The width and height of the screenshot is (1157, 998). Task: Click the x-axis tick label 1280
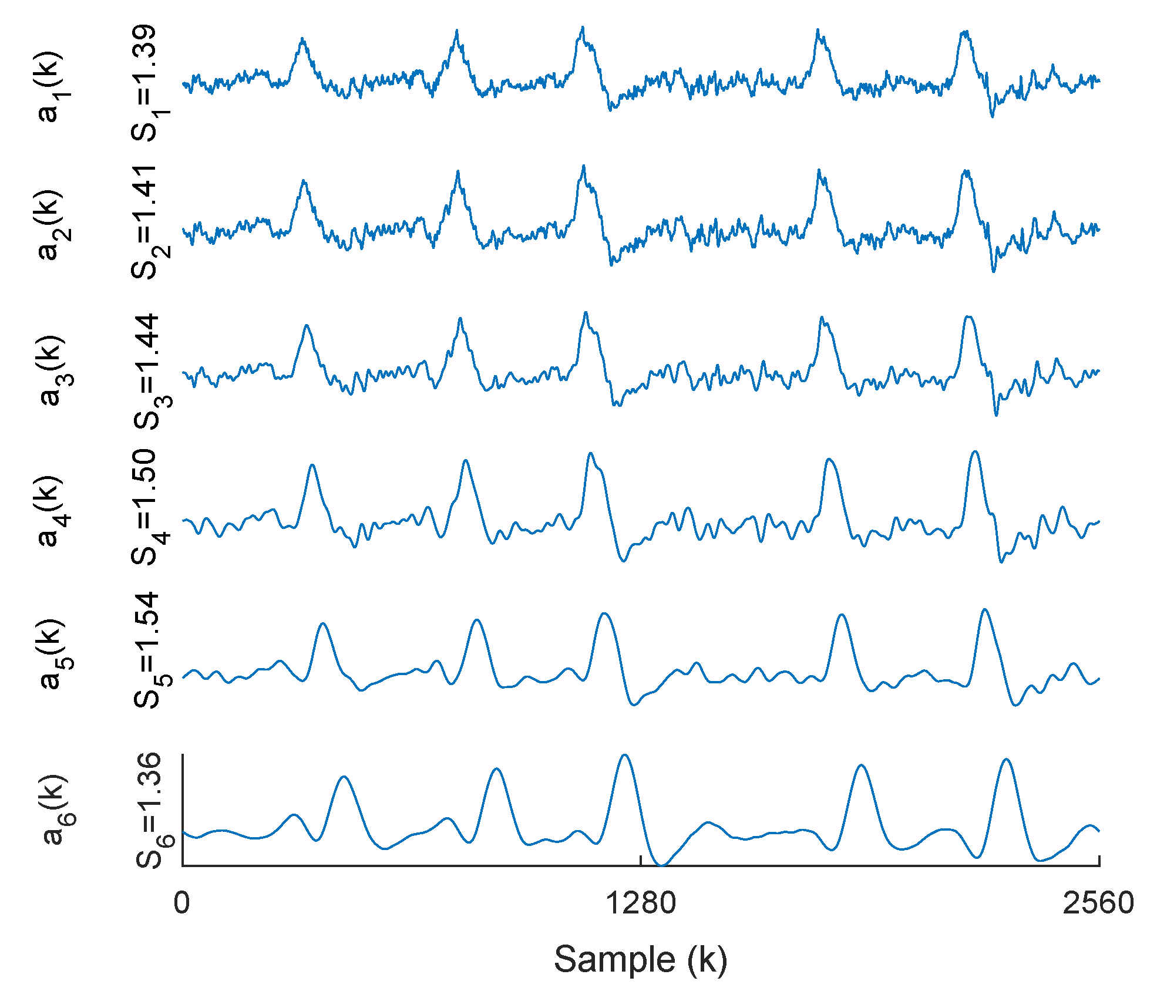click(x=640, y=903)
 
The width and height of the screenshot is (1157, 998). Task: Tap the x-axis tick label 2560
click(x=1098, y=903)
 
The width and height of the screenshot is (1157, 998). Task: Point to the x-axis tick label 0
click(x=182, y=903)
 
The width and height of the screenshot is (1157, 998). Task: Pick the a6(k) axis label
click(x=54, y=809)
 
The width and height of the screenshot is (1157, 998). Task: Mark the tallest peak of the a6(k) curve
click(x=624, y=755)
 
